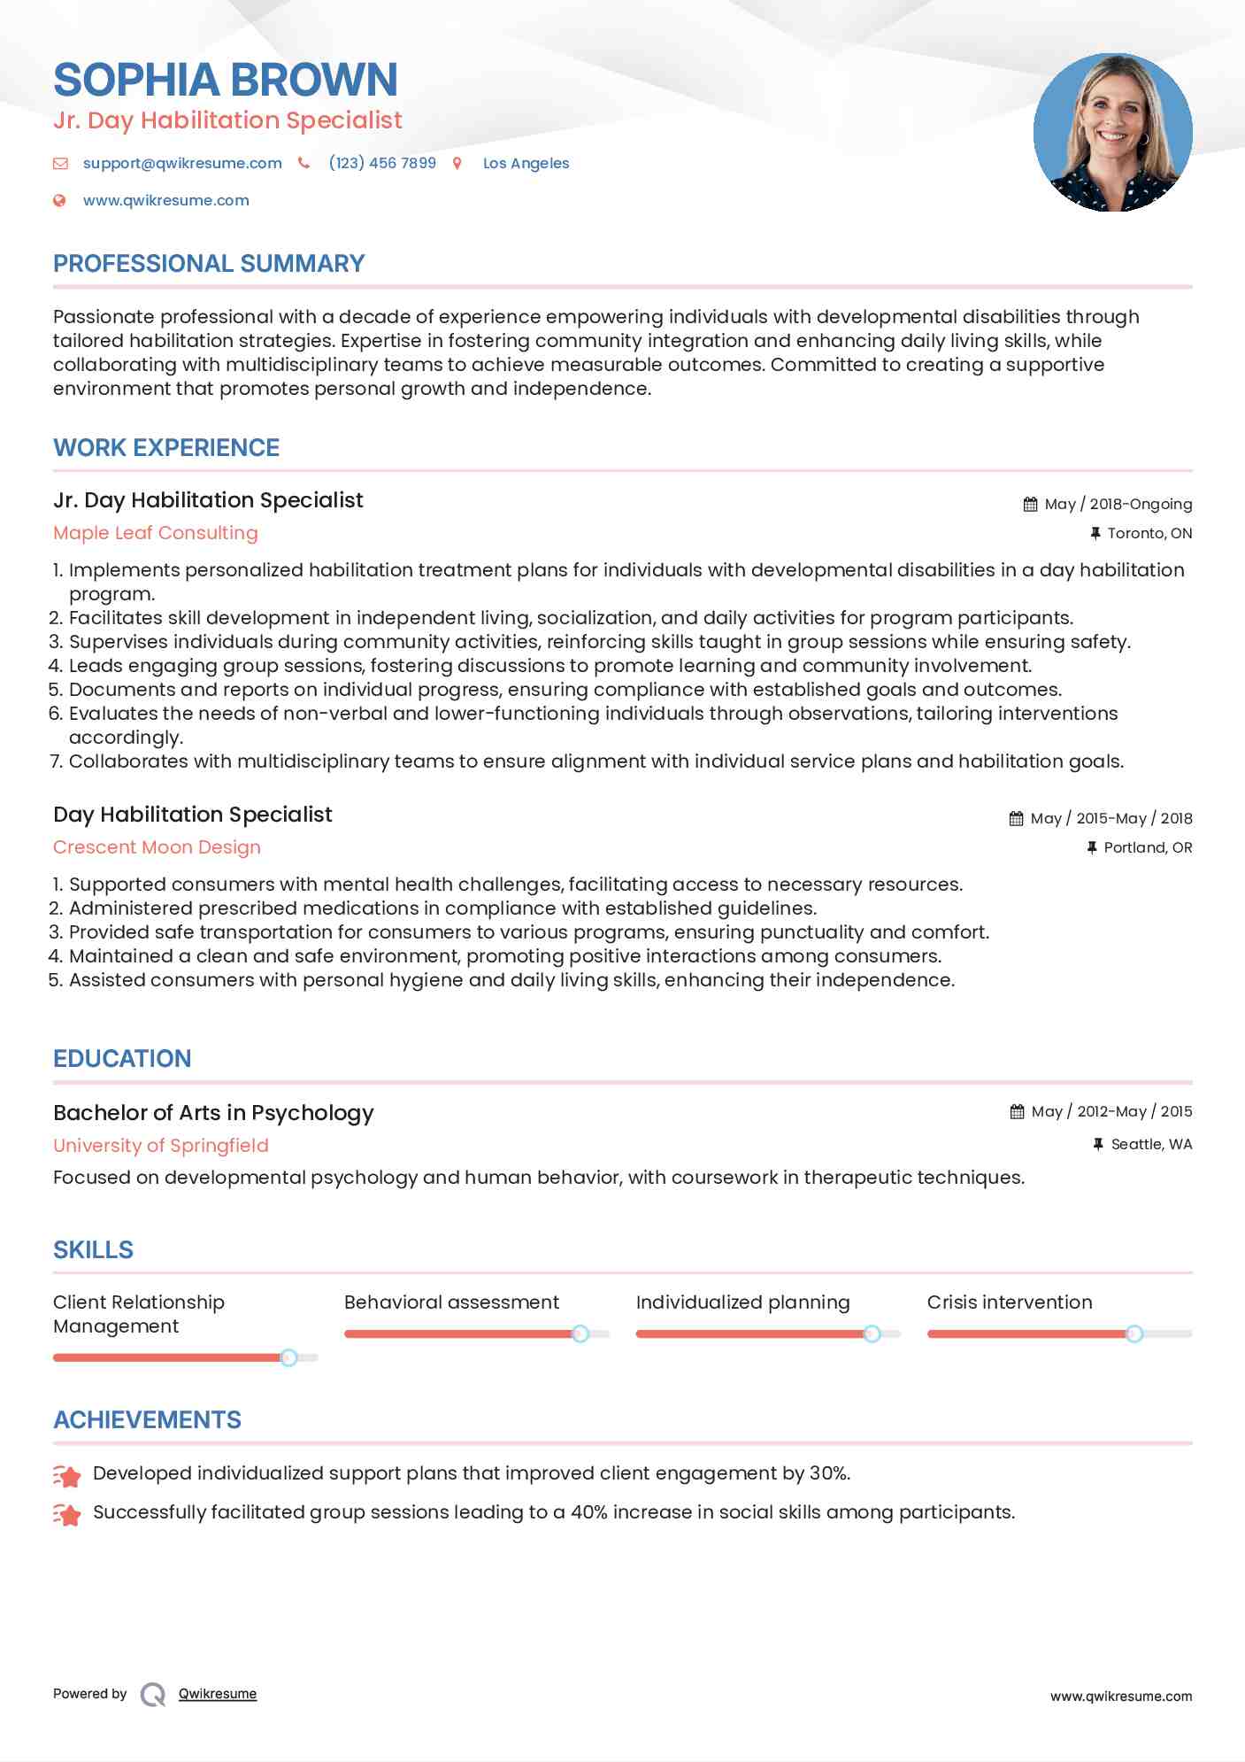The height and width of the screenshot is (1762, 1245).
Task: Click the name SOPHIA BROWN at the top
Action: tap(226, 80)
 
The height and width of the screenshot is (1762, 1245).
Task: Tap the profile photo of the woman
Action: tap(1112, 133)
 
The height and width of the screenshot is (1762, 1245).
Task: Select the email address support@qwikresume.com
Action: tap(182, 163)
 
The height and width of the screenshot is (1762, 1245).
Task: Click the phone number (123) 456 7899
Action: tap(382, 163)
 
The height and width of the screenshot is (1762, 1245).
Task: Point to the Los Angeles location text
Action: tap(526, 163)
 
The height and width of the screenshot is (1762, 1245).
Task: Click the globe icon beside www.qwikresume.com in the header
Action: tap(59, 200)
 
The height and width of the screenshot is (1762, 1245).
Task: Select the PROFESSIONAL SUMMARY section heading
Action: tap(209, 264)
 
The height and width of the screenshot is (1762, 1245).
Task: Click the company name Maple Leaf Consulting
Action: tap(156, 533)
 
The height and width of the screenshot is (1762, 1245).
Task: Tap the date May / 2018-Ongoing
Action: tap(1118, 504)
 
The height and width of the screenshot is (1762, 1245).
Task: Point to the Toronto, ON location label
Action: tap(1149, 533)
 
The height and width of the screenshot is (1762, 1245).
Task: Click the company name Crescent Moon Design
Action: tap(157, 847)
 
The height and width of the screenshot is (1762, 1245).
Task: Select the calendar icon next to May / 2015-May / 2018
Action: tap(1016, 818)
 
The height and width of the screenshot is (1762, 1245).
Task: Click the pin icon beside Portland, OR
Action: tap(1092, 847)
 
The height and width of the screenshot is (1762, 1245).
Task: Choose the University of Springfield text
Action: tap(161, 1146)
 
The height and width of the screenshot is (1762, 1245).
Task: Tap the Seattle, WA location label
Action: tap(1151, 1144)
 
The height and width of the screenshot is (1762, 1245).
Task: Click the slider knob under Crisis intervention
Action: tap(1134, 1333)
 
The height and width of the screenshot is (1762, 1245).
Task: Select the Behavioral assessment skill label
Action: tap(451, 1302)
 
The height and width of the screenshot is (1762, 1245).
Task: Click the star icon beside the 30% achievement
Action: tap(67, 1475)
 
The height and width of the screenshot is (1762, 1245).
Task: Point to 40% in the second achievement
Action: tap(588, 1512)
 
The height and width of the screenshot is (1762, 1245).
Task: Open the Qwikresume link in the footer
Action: tap(218, 1694)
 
